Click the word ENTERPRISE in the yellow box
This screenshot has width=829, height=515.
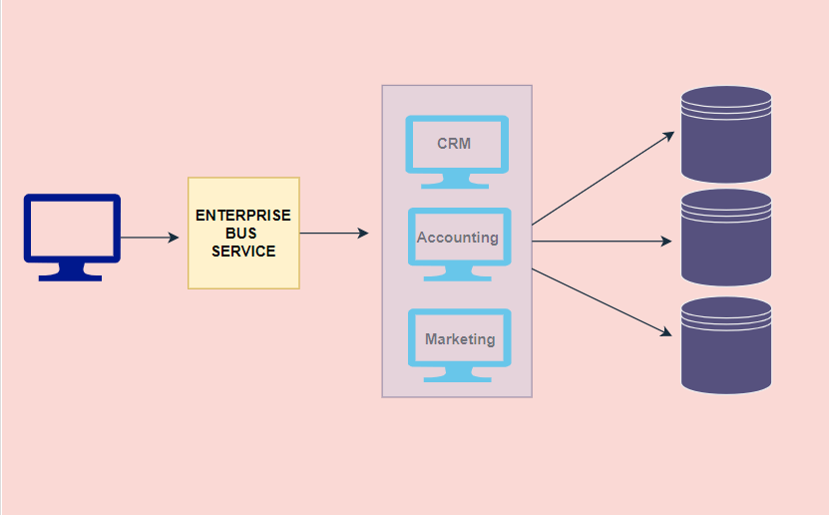pos(243,216)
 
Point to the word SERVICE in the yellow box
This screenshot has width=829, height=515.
pos(243,252)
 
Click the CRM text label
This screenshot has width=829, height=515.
pos(454,144)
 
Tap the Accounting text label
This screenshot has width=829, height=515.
pos(458,238)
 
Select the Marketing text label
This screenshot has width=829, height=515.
pos(460,339)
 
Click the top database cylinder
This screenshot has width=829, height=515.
pos(726,134)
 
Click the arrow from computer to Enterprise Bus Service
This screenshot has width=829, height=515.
pos(150,238)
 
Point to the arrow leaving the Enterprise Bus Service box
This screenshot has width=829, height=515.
pos(334,234)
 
